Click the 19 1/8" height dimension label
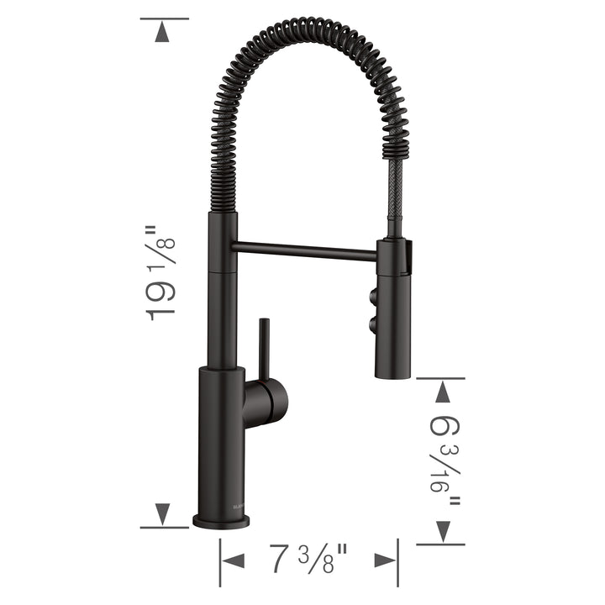[x=162, y=271]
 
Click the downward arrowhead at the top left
[x=163, y=31]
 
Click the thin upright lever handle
[x=263, y=348]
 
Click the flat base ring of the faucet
[x=220, y=521]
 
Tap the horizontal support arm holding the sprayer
[x=306, y=249]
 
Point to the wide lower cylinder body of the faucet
[x=220, y=437]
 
